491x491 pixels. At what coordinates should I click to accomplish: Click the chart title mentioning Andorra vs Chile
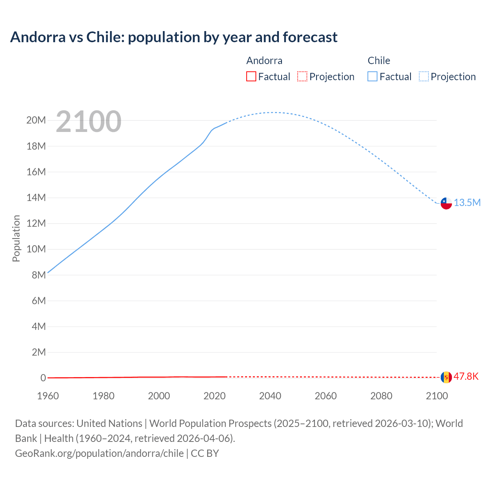[x=174, y=37]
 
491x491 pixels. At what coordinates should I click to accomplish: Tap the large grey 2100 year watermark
[x=89, y=122]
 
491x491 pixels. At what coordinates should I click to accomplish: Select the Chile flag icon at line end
[x=446, y=203]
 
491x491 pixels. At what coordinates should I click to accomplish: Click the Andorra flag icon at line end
[x=446, y=377]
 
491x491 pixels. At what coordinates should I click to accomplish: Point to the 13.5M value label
[x=467, y=203]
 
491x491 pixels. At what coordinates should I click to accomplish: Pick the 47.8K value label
[x=466, y=376]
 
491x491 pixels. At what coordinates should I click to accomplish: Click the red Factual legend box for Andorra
[x=251, y=77]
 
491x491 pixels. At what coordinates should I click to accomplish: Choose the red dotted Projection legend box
[x=302, y=77]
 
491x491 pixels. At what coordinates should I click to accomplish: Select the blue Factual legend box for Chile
[x=372, y=77]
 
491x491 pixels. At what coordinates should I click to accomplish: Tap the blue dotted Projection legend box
[x=424, y=77]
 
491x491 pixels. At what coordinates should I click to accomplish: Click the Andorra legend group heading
[x=264, y=61]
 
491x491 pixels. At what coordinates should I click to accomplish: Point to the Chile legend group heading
[x=379, y=61]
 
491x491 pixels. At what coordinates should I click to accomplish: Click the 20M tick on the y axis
[x=36, y=120]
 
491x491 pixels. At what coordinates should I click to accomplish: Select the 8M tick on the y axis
[x=39, y=275]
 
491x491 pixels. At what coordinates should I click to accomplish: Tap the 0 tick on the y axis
[x=43, y=378]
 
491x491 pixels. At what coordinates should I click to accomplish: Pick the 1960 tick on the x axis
[x=48, y=396]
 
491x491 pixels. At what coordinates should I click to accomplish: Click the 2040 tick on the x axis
[x=270, y=396]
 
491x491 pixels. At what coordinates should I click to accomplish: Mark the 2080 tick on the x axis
[x=381, y=396]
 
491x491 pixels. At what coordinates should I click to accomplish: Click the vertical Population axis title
[x=16, y=238]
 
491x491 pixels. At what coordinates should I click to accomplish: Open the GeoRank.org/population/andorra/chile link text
[x=99, y=453]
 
